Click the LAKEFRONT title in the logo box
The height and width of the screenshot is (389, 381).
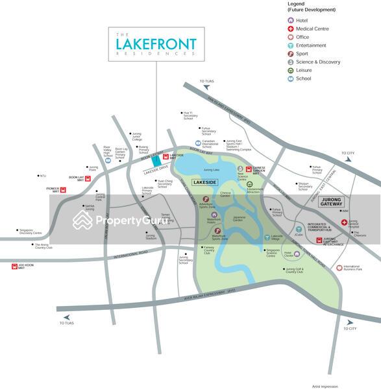point(156,44)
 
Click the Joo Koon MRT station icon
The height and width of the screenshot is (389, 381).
point(14,266)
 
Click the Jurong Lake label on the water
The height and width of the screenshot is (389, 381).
point(212,169)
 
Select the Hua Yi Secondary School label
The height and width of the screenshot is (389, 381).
point(188,116)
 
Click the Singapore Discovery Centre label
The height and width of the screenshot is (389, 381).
point(30,231)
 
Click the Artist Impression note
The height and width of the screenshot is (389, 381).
point(325,386)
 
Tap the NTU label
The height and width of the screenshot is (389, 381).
point(43,176)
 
